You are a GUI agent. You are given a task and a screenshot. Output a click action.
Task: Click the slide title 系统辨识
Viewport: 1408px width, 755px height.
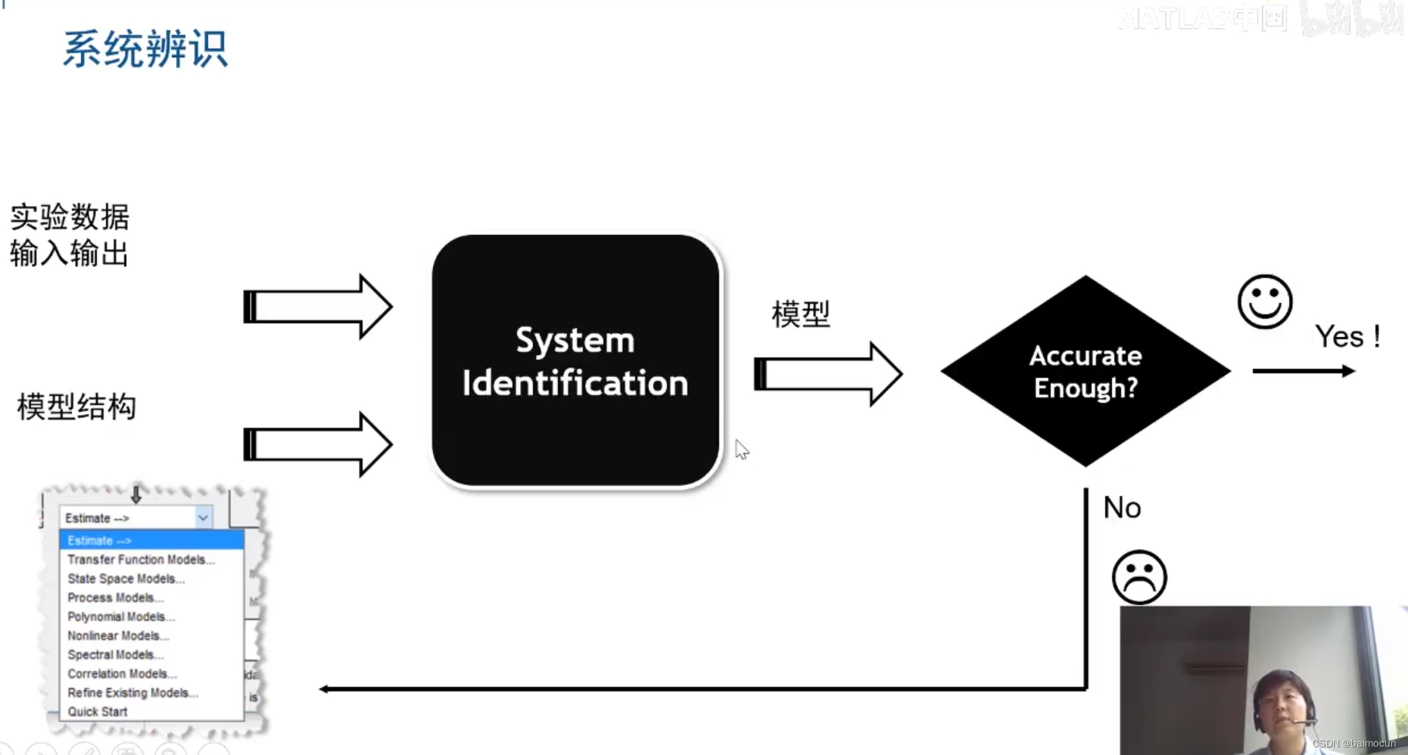[145, 50]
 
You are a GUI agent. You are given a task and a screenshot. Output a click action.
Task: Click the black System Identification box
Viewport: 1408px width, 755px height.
[575, 361]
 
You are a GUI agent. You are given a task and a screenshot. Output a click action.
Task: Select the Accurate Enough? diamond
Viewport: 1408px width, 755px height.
[1085, 371]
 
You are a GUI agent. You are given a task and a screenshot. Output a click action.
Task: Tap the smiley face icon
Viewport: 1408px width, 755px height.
[1264, 301]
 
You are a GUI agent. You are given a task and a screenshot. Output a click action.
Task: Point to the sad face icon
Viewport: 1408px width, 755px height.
[1139, 577]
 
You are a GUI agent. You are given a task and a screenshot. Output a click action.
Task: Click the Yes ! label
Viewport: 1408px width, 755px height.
[1347, 336]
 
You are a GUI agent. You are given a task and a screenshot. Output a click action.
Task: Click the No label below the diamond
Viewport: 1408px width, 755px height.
[1122, 507]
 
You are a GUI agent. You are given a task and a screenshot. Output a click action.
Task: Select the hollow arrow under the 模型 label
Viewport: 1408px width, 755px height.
[828, 374]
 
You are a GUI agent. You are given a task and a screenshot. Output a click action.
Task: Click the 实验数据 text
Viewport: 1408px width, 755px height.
[70, 217]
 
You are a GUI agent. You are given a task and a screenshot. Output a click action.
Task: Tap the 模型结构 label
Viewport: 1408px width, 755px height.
[76, 407]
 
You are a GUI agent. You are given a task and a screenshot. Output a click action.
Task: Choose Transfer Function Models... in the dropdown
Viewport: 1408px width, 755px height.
[141, 560]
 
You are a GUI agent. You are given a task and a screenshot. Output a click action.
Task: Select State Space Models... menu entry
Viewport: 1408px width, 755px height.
[126, 579]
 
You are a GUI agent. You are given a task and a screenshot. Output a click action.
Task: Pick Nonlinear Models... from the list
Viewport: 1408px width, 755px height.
[118, 635]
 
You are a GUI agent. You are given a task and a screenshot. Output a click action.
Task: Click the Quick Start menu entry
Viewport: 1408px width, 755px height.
[98, 712]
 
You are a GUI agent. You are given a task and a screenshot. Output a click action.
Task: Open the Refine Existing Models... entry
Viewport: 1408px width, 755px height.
[132, 693]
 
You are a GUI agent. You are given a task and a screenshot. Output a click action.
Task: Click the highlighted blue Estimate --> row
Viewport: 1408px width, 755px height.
[151, 541]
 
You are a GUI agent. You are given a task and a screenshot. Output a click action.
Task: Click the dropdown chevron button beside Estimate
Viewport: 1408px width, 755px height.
[203, 518]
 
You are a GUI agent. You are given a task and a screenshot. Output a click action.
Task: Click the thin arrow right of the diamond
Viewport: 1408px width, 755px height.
[1304, 371]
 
